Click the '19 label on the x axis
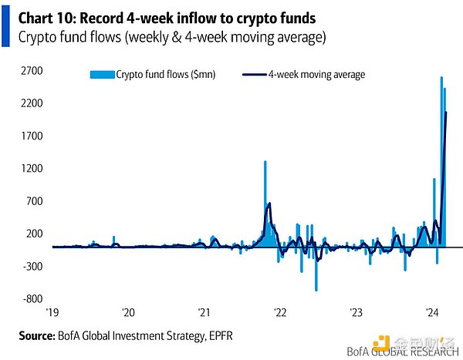pyautogui.click(x=52, y=312)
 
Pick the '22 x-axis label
pyautogui.click(x=279, y=312)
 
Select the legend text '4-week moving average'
pyautogui.click(x=316, y=75)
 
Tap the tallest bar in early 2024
pyautogui.click(x=441, y=78)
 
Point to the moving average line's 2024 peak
pyautogui.click(x=446, y=113)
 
